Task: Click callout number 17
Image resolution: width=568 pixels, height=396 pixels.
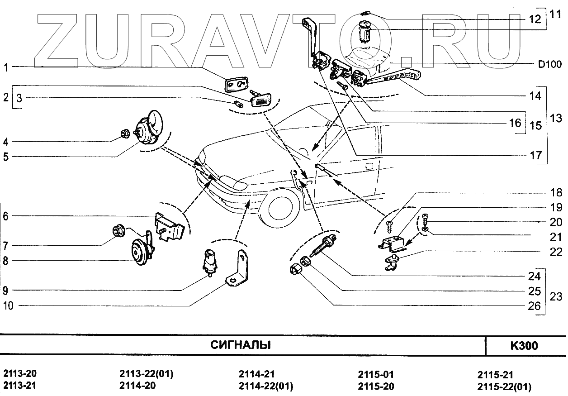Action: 535,155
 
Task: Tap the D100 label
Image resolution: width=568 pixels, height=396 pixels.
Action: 549,65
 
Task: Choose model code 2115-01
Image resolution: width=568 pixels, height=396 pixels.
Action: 376,375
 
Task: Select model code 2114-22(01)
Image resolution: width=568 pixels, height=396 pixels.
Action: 265,386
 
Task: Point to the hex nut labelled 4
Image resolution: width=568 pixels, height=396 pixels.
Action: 124,134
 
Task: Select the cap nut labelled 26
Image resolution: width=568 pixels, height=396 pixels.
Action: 294,271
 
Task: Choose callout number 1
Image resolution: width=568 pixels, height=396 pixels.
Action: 6,68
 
